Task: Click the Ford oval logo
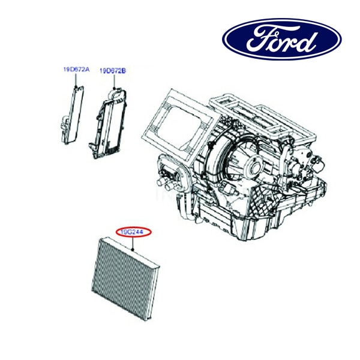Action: click(282, 39)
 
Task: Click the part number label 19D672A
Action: click(76, 69)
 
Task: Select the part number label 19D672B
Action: click(113, 71)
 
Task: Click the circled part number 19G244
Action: click(133, 232)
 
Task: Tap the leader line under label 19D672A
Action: click(76, 79)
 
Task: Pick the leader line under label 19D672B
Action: click(113, 81)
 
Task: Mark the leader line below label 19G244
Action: click(133, 243)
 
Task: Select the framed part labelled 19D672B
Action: click(108, 123)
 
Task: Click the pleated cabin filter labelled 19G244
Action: click(125, 278)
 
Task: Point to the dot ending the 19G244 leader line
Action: click(133, 250)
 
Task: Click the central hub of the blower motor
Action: click(254, 166)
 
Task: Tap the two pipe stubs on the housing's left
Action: click(164, 184)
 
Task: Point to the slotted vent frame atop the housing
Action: click(262, 117)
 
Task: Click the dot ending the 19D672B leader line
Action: click(113, 88)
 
